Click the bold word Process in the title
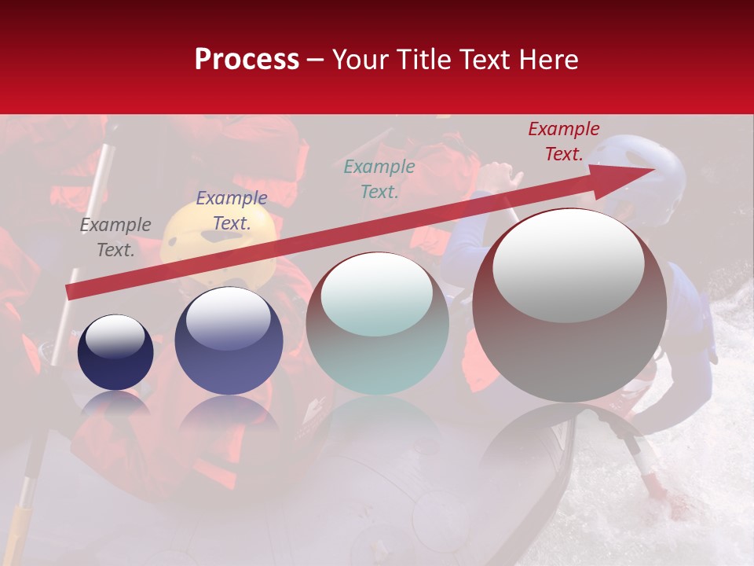(247, 60)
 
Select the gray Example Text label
(115, 237)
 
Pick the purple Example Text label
(231, 210)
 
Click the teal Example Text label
(379, 178)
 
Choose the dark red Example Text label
(563, 141)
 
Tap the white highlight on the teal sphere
(376, 295)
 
